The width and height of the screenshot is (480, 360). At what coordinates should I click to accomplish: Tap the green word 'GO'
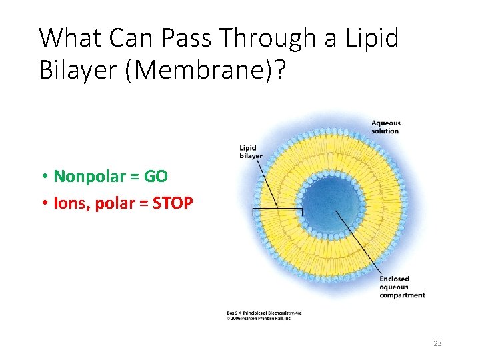155,176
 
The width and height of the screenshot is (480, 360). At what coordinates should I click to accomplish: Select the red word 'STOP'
173,202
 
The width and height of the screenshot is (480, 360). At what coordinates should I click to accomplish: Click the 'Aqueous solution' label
385,127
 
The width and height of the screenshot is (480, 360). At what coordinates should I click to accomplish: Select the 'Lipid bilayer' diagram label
251,151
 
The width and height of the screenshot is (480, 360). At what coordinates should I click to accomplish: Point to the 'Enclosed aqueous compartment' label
401,287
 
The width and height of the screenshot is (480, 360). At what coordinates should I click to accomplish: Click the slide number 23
437,343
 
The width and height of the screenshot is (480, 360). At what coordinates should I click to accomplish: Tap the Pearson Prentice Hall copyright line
259,318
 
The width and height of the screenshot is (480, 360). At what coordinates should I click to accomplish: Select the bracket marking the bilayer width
277,211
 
